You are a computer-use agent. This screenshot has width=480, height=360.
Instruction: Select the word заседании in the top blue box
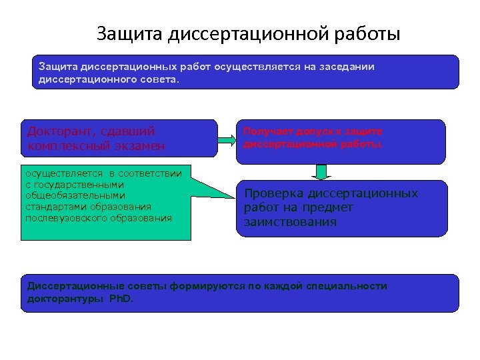tap(347, 67)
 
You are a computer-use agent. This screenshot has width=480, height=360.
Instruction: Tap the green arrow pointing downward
tap(322, 172)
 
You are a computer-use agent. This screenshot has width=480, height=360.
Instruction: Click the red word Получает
tap(265, 132)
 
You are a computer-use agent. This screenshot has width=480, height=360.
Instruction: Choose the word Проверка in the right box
tap(274, 193)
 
